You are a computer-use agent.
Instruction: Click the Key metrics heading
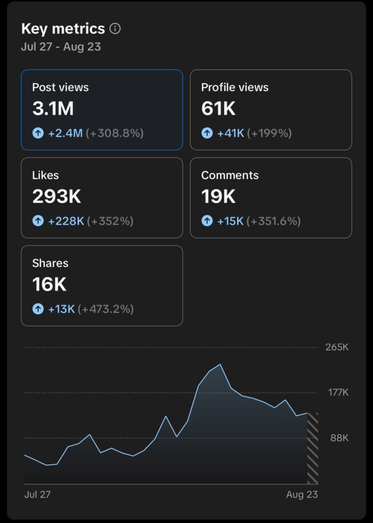(63, 29)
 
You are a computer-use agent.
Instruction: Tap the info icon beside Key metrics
(115, 29)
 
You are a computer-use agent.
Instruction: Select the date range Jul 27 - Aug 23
(61, 47)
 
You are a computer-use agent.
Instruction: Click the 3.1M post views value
(53, 109)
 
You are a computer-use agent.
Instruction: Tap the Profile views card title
(235, 87)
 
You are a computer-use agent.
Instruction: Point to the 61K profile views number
(219, 109)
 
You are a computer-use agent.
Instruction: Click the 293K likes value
(57, 197)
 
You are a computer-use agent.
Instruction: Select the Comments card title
(230, 175)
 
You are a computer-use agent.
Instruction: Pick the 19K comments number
(219, 197)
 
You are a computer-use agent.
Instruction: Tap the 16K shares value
(49, 284)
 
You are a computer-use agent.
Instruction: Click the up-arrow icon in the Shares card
(38, 309)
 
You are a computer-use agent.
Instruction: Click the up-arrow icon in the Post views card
(38, 133)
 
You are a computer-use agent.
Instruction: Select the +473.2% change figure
(105, 309)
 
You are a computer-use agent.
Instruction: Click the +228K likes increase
(66, 221)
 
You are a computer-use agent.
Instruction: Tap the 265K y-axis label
(337, 347)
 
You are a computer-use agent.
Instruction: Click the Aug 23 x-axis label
(302, 494)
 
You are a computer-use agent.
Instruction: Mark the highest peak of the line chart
(220, 364)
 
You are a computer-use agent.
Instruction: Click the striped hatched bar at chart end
(312, 448)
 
